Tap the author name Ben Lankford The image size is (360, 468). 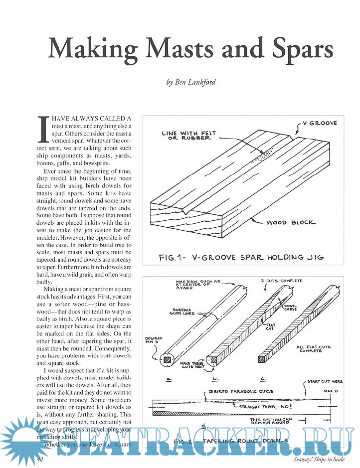coord(191,82)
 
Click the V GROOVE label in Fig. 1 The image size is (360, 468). coord(320,123)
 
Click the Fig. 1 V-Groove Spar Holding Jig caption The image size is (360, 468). coord(241,257)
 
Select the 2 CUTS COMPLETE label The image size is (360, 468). coord(282,281)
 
